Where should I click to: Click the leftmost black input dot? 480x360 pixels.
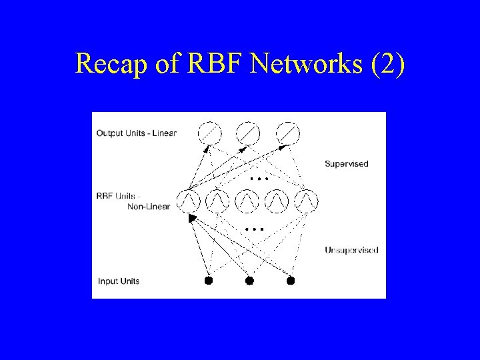(x=208, y=281)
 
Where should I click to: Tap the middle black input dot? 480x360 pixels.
(x=249, y=281)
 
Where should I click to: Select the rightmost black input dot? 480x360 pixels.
(x=290, y=281)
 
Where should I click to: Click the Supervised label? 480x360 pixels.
(x=346, y=163)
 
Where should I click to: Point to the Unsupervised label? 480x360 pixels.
(x=351, y=250)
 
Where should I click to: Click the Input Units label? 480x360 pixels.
(x=119, y=281)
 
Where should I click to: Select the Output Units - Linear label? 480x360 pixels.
(x=137, y=133)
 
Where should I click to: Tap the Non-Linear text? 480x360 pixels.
(x=149, y=207)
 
